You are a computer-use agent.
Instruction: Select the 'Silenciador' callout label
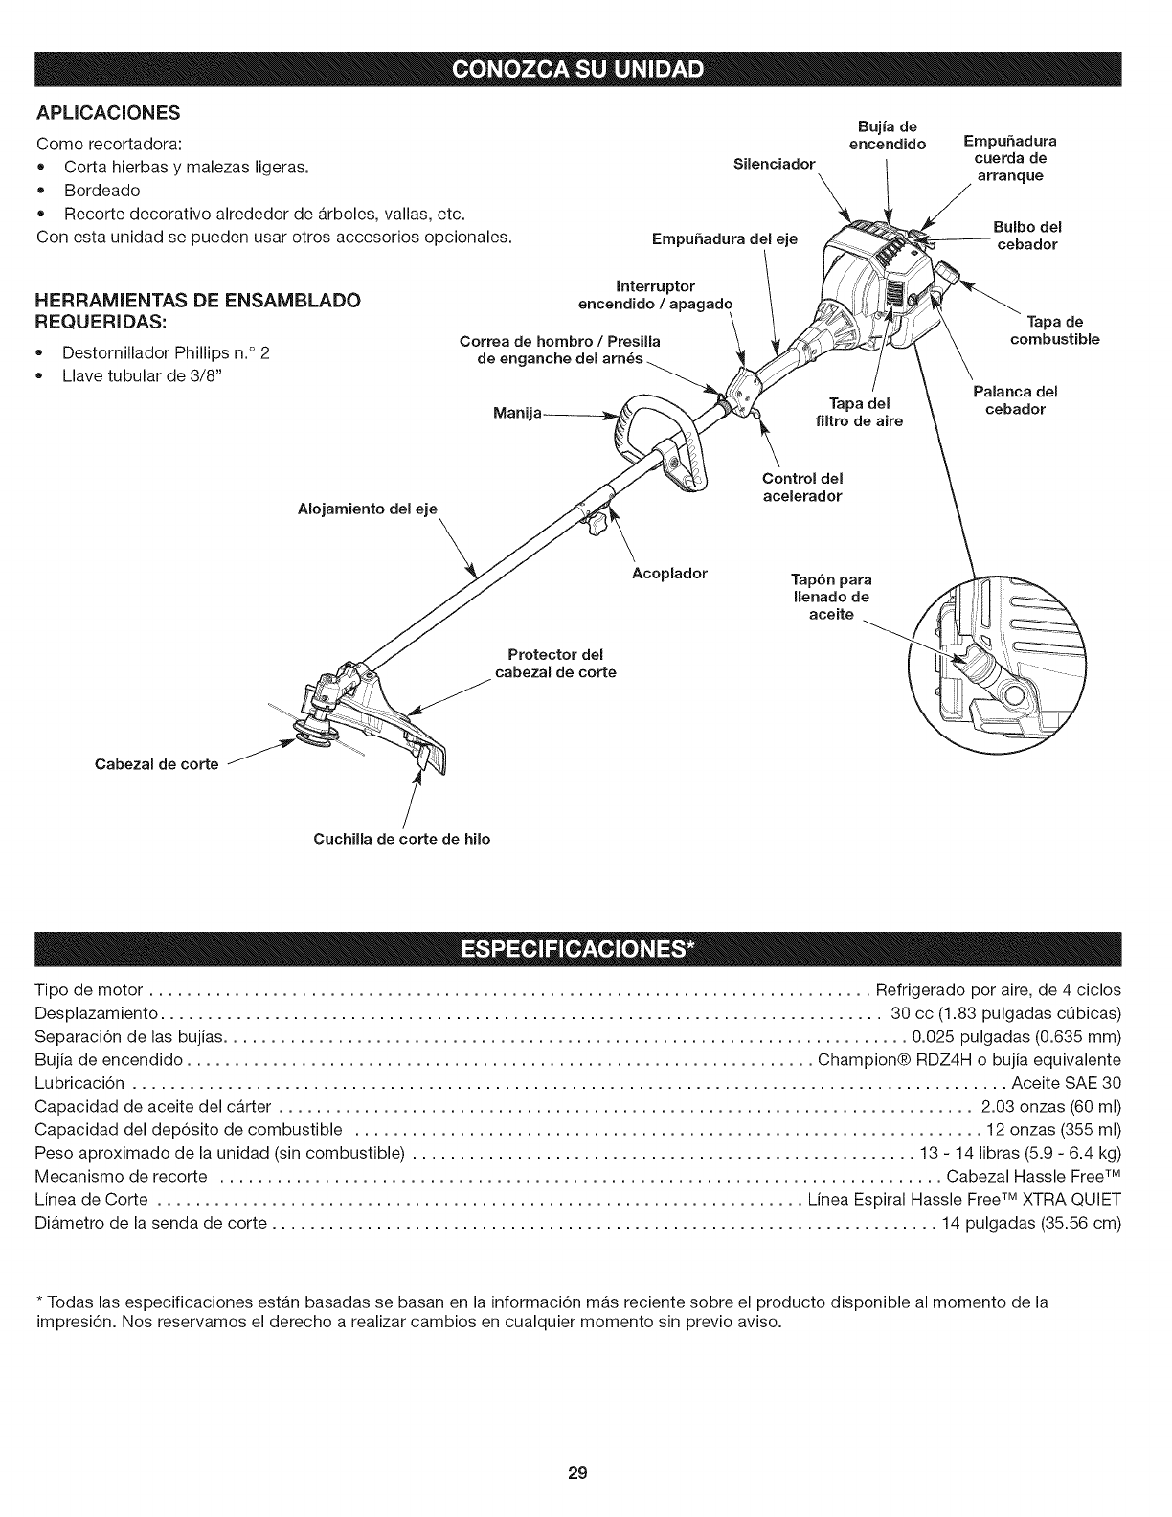(773, 164)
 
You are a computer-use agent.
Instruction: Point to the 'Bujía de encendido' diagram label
(888, 136)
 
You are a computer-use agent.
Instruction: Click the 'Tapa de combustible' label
(1054, 330)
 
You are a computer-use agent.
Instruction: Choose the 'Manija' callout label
(517, 413)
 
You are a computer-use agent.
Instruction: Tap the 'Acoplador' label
(669, 574)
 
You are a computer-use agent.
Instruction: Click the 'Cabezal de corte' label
(156, 763)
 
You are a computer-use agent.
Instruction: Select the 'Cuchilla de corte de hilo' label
(402, 839)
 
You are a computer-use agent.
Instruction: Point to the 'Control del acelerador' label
(802, 487)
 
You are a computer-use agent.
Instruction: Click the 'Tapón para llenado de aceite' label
(831, 597)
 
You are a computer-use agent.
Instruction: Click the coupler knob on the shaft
(597, 524)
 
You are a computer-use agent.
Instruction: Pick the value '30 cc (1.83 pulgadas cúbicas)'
(1004, 1013)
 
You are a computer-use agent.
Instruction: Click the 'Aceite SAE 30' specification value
(1066, 1083)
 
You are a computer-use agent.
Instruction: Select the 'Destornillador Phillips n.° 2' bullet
(166, 352)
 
